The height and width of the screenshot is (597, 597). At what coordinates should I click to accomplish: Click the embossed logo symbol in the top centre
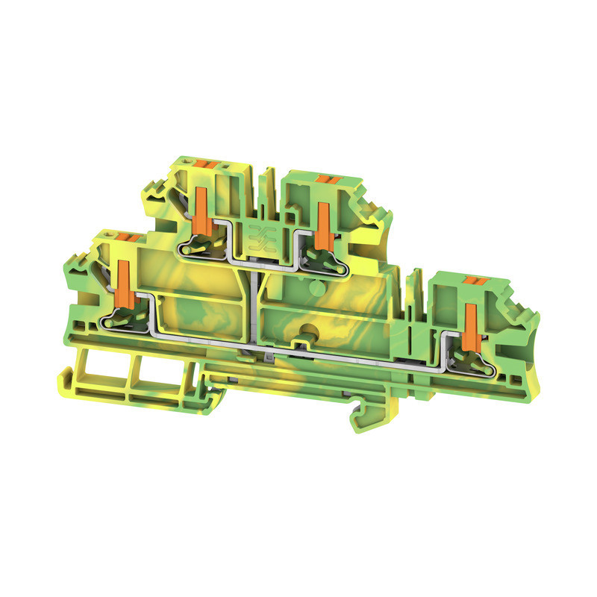click(263, 233)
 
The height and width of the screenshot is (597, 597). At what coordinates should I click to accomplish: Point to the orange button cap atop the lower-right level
click(472, 279)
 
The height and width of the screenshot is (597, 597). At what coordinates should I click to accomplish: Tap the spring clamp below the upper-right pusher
click(323, 257)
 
